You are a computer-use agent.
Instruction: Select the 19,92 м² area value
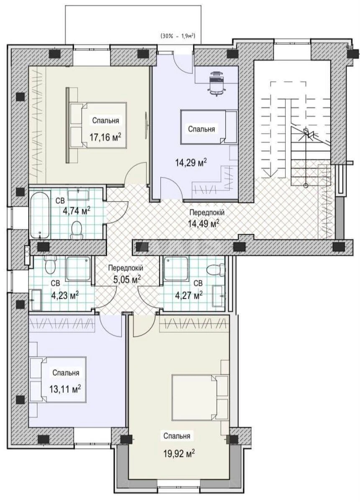(179, 453)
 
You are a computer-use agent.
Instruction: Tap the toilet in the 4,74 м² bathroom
(77, 229)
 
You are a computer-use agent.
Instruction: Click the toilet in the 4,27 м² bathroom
(215, 269)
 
